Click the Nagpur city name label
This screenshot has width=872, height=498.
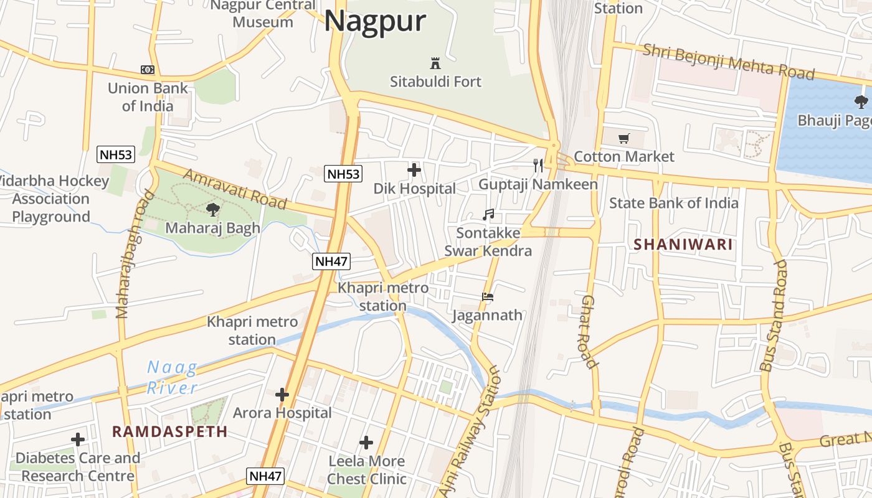pyautogui.click(x=375, y=21)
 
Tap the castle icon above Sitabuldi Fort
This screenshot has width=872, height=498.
pyautogui.click(x=435, y=63)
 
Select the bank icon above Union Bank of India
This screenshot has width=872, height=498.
pyautogui.click(x=148, y=70)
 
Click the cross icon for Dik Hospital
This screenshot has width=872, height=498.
pyautogui.click(x=414, y=169)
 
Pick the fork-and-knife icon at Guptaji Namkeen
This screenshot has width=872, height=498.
pyautogui.click(x=538, y=165)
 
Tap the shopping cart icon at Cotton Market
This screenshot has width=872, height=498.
pyautogui.click(x=623, y=138)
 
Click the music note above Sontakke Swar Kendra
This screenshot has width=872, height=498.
pyautogui.click(x=488, y=215)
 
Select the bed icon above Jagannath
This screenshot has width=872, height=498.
pyautogui.click(x=488, y=297)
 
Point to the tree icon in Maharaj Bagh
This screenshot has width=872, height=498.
pyautogui.click(x=212, y=209)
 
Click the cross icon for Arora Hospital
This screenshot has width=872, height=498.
pyautogui.click(x=282, y=394)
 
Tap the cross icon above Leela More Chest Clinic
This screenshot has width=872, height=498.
pyautogui.click(x=366, y=443)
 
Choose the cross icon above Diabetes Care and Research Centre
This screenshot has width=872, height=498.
pyautogui.click(x=78, y=439)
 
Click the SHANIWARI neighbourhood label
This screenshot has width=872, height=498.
pyautogui.click(x=683, y=245)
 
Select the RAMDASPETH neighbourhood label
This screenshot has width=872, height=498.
pyautogui.click(x=170, y=431)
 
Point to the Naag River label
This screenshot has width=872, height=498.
pyautogui.click(x=173, y=378)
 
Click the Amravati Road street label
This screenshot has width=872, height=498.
pyautogui.click(x=235, y=189)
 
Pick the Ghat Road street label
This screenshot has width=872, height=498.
pyautogui.click(x=589, y=331)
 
